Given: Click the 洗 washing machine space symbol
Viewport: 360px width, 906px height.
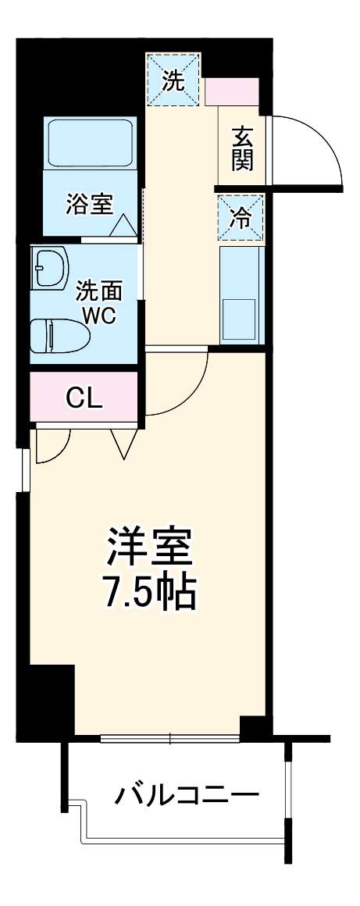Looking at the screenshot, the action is pyautogui.click(x=173, y=81).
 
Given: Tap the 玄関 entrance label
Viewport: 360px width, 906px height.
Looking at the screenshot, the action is pyautogui.click(x=243, y=148).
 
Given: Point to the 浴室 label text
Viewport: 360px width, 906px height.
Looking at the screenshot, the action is pyautogui.click(x=89, y=204).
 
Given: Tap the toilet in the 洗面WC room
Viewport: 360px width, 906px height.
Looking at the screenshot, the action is pyautogui.click(x=59, y=336).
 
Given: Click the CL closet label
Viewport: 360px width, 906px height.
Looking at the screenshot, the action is pyautogui.click(x=84, y=398).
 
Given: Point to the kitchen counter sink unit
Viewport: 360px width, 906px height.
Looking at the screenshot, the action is pyautogui.click(x=241, y=294).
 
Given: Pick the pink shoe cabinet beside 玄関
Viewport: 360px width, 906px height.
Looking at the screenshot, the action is pyautogui.click(x=232, y=91).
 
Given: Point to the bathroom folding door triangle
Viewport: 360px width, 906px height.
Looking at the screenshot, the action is pyautogui.click(x=123, y=226).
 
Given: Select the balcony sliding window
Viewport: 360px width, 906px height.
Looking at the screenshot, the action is pyautogui.click(x=170, y=738).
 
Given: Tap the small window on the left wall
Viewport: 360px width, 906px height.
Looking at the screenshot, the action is pyautogui.click(x=26, y=469).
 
